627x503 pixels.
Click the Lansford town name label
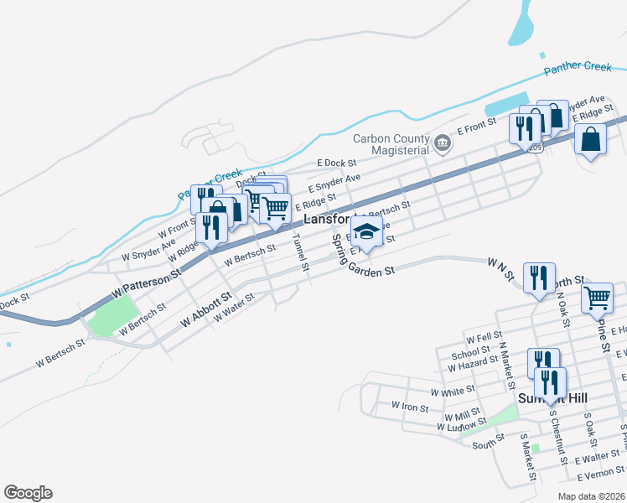pyautogui.click(x=324, y=218)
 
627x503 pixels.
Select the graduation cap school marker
pyautogui.click(x=365, y=231)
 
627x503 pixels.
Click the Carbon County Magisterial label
pyautogui.click(x=391, y=144)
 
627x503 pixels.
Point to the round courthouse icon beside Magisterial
pyautogui.click(x=443, y=145)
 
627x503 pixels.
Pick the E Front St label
pyautogui.click(x=477, y=127)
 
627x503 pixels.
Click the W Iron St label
pyautogui.click(x=410, y=406)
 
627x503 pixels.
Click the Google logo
pyautogui.click(x=28, y=493)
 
